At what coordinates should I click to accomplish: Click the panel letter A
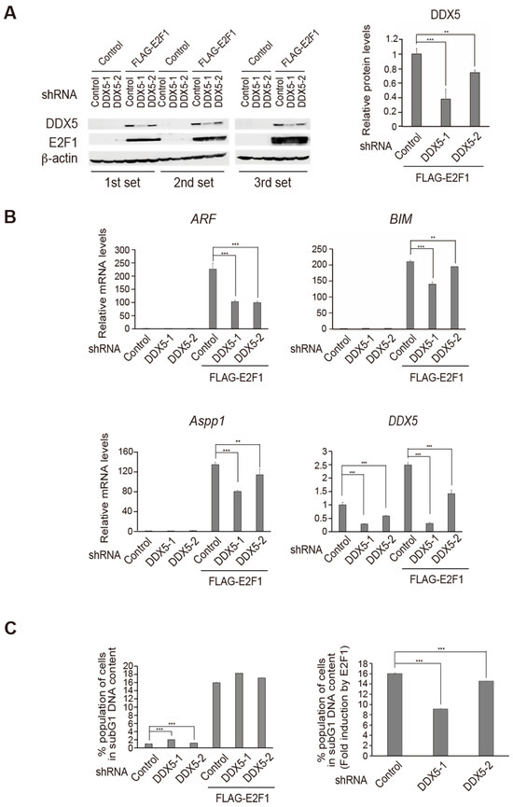(x=13, y=10)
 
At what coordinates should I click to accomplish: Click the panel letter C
(x=13, y=627)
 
